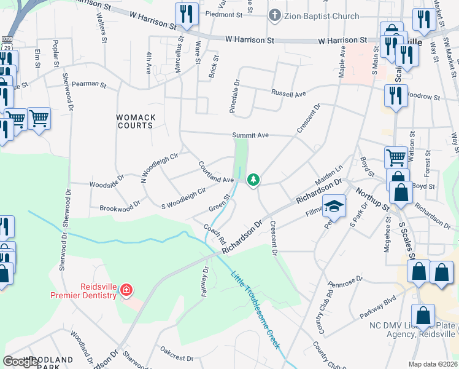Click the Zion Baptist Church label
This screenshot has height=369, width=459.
pos(320,16)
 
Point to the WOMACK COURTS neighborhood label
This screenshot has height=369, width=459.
pos(136,121)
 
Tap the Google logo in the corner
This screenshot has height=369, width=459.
pos(21,362)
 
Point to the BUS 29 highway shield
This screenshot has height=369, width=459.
pos(7,43)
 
